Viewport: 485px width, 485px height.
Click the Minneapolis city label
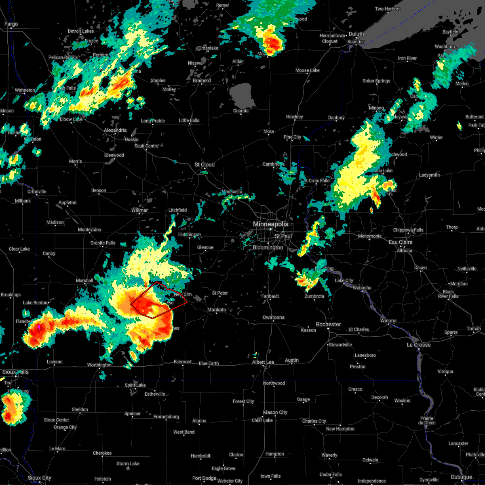point(270,224)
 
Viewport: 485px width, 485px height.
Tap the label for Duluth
point(356,34)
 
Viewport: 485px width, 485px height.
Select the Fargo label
point(11,24)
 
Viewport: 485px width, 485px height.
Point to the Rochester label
point(328,324)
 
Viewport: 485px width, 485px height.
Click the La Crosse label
point(418,345)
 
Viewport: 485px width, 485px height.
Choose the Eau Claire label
point(400,242)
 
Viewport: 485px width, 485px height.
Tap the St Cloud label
point(205,164)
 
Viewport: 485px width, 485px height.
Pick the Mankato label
point(217,310)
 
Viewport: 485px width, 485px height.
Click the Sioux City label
point(40,478)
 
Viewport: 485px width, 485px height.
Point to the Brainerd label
point(202,80)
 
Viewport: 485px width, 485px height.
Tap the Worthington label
point(99,365)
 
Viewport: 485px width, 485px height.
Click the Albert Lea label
point(263,362)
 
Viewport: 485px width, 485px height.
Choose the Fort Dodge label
point(204,478)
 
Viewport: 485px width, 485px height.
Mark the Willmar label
point(139,210)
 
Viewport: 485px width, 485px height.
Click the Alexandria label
point(115,130)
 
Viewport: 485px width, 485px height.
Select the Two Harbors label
point(388,9)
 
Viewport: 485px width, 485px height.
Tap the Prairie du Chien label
point(427,420)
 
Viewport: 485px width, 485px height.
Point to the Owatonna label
point(274,317)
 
